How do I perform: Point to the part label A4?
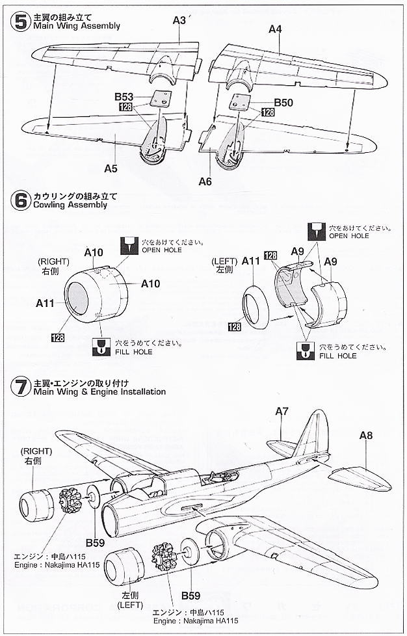[275, 29]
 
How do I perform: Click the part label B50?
[283, 103]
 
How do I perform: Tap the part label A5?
[111, 168]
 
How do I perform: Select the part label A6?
[205, 181]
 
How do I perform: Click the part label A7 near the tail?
[282, 411]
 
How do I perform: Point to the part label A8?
[365, 436]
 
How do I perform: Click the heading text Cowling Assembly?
[64, 205]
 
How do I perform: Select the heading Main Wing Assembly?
[72, 26]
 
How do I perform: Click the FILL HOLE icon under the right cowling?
[101, 345]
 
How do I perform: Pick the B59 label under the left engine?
[190, 596]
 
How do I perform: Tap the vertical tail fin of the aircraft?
[311, 432]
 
